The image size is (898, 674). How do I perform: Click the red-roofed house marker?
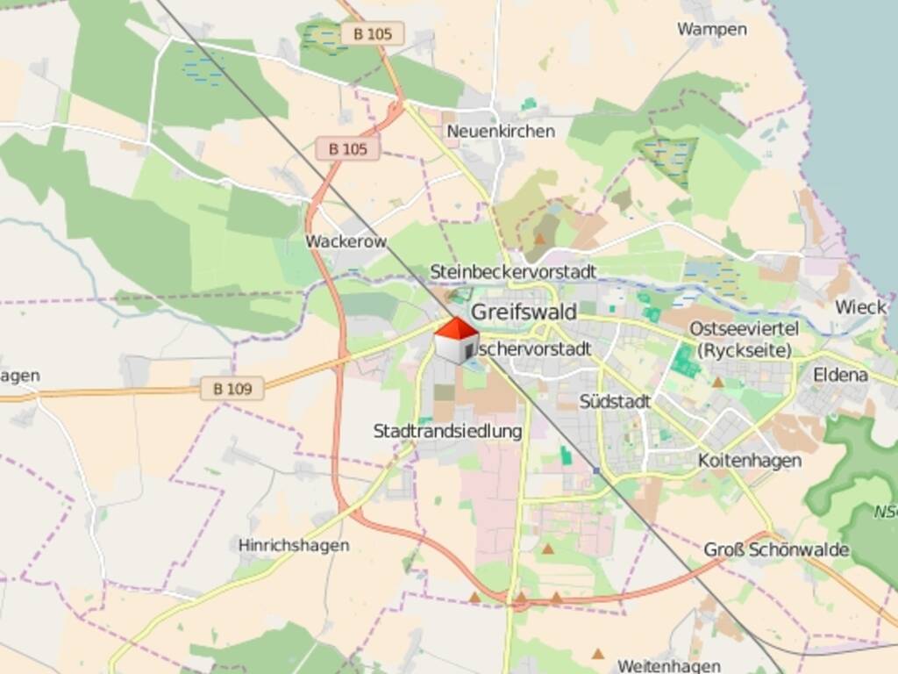[x=457, y=341]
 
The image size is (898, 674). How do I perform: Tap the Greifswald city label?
[x=524, y=312]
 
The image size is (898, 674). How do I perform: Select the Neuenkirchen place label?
[x=501, y=132]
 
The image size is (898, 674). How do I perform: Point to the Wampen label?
[x=711, y=29]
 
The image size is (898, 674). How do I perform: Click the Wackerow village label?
[x=346, y=241]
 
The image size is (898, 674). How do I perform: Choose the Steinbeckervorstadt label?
[x=513, y=272]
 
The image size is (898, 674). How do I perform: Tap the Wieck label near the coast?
[x=860, y=307]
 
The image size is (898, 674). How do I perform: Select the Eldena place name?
[x=840, y=375]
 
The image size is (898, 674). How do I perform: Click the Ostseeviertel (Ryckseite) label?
[x=745, y=339]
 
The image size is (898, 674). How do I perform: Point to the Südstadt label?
[x=615, y=401]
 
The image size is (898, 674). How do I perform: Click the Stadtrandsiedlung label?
[x=447, y=431]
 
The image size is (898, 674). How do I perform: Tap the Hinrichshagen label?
[x=294, y=545]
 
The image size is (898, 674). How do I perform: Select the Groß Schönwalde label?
[x=776, y=549]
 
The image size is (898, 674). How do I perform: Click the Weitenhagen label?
[x=669, y=666]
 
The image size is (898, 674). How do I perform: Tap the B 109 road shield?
[x=232, y=388]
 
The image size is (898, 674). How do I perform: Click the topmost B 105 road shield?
[x=372, y=33]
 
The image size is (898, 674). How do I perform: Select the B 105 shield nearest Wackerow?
[x=348, y=149]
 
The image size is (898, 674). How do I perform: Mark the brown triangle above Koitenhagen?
[x=717, y=382]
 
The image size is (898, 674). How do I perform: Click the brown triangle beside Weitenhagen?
[x=598, y=653]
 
